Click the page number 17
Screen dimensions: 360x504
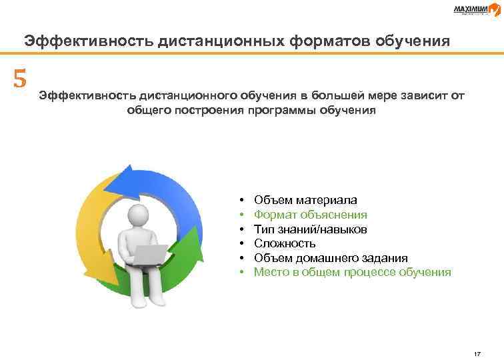point(476,353)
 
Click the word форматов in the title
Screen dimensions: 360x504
point(321,41)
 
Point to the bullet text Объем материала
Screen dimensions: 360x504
point(305,199)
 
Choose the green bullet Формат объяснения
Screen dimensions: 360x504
point(311,214)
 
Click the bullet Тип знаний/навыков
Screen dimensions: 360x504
point(310,229)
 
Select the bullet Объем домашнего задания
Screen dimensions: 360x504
point(331,258)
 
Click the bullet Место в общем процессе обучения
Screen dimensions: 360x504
point(353,272)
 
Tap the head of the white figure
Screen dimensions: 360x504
point(140,215)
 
